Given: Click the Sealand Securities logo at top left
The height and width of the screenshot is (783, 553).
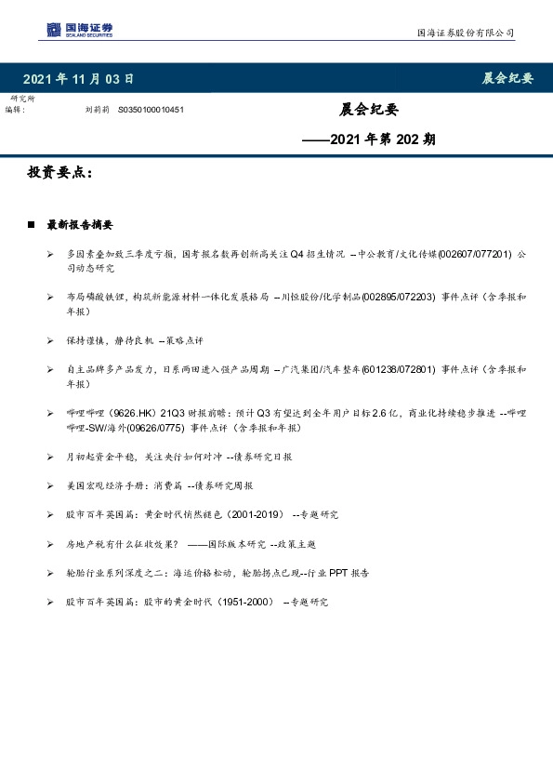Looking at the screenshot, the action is pyautogui.click(x=80, y=32).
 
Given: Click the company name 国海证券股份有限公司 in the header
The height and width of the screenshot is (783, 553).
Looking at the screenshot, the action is pyautogui.click(x=464, y=33).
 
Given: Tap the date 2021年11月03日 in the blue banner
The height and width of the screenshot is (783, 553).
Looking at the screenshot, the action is pyautogui.click(x=77, y=79).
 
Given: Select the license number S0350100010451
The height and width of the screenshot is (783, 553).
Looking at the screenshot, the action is pyautogui.click(x=151, y=110).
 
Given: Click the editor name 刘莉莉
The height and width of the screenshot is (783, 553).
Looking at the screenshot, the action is pyautogui.click(x=97, y=110).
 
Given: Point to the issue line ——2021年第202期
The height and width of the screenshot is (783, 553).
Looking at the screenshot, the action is pyautogui.click(x=369, y=140).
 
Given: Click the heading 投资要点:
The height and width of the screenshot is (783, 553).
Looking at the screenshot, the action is pyautogui.click(x=59, y=174).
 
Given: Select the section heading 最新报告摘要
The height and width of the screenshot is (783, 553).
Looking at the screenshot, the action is pyautogui.click(x=80, y=225).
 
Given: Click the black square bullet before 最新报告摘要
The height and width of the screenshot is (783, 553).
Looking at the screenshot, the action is pyautogui.click(x=33, y=225).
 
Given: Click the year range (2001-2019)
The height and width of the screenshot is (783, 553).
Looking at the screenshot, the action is pyautogui.click(x=251, y=514).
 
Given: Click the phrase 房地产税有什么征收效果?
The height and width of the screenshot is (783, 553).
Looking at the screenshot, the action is pyautogui.click(x=122, y=543).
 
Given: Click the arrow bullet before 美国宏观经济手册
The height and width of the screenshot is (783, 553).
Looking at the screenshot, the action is pyautogui.click(x=49, y=485).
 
